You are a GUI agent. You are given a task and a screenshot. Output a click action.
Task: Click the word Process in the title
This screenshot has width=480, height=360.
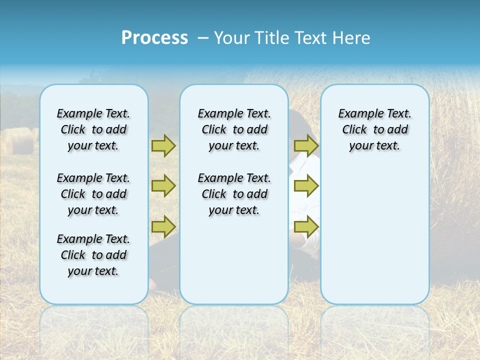point(154,38)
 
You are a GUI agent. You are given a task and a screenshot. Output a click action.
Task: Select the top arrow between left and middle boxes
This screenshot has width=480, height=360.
point(163,145)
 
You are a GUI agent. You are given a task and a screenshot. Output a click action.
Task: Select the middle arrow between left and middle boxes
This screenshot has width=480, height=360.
point(163,186)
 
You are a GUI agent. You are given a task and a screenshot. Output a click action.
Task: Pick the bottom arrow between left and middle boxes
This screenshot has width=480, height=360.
point(163,226)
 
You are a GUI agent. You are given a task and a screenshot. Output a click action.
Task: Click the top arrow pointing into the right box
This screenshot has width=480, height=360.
point(306,145)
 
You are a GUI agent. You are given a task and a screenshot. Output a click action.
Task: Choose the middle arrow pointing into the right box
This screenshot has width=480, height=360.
point(306,186)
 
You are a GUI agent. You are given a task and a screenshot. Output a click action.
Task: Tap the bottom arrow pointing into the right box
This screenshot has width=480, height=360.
point(306,226)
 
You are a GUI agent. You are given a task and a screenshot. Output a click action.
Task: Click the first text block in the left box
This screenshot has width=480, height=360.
point(93,129)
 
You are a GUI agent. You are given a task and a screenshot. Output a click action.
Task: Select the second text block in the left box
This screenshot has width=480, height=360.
point(93,194)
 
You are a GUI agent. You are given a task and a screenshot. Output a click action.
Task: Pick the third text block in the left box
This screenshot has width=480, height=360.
point(93,255)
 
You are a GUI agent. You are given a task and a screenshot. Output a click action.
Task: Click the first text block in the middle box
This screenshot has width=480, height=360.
point(234,129)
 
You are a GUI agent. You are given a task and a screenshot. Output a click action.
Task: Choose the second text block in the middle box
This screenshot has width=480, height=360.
point(234,194)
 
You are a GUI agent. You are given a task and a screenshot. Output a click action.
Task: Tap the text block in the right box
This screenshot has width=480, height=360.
point(374,129)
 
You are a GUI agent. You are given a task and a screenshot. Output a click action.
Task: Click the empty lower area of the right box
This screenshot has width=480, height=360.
point(374,240)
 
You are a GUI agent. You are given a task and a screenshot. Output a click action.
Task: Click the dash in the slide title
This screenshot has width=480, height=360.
point(203,38)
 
